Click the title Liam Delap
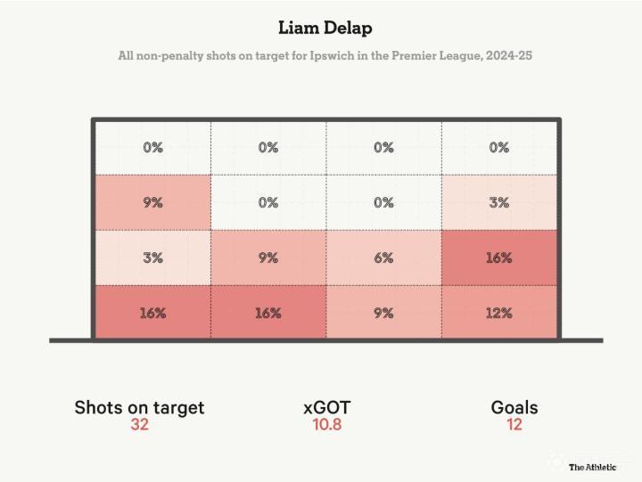[x=325, y=28]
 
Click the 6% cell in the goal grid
[x=383, y=257]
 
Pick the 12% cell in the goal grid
[x=499, y=313]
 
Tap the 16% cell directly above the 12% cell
[x=499, y=257]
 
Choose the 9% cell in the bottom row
[x=383, y=313]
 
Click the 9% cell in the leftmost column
[x=152, y=202]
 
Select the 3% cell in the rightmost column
[x=499, y=202]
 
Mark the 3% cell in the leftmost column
[x=152, y=257]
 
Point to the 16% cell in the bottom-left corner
[x=152, y=313]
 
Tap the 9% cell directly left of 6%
[x=268, y=257]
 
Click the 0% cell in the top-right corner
[x=499, y=148]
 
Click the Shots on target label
[x=139, y=407]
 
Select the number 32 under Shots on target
[x=139, y=425]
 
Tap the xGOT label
[x=327, y=407]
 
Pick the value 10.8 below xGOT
[x=327, y=425]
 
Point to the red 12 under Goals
[x=514, y=425]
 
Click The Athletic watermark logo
[x=593, y=467]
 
